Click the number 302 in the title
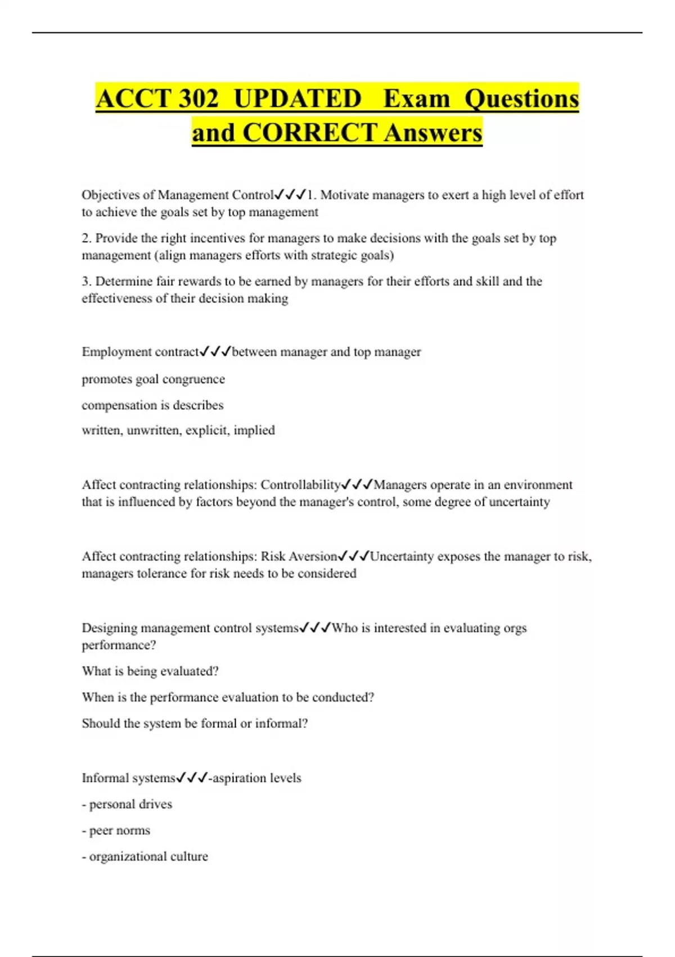198,99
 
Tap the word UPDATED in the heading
297,99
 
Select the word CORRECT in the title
310,133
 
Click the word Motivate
345,195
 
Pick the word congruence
193,379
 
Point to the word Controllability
300,485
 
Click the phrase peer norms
119,830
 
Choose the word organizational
128,856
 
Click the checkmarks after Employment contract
215,352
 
